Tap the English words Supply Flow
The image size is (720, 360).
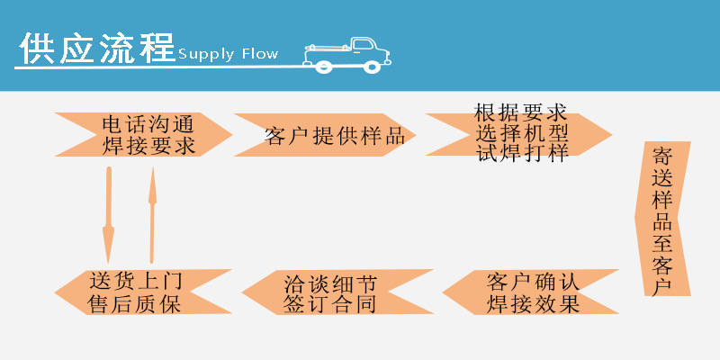tap(228, 54)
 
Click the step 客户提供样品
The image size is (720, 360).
tap(328, 136)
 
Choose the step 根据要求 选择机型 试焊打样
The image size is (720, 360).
tap(520, 133)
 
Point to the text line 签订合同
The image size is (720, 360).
tap(328, 304)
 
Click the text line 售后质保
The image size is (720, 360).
tap(135, 304)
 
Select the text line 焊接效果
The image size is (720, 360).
tap(533, 304)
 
